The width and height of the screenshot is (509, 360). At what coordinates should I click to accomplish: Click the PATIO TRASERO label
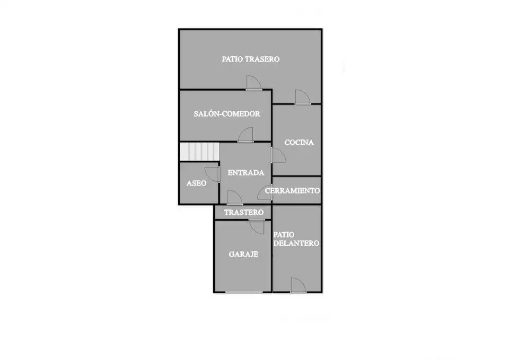tap(251, 59)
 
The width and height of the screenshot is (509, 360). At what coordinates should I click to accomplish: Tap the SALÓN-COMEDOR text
tap(227, 113)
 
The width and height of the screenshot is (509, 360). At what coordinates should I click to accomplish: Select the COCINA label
tap(299, 142)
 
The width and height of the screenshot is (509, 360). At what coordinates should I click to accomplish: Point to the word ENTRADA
tap(245, 173)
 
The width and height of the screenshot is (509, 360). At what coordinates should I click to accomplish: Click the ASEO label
tap(196, 183)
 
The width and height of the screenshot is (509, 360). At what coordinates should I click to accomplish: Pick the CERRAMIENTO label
tap(293, 190)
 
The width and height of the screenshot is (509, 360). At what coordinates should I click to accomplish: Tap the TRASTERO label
tap(244, 212)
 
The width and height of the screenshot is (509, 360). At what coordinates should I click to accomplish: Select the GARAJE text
tap(243, 254)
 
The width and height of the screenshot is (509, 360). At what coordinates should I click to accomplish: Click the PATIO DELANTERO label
tap(296, 239)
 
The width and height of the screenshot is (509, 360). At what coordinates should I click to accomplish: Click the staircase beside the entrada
tap(200, 152)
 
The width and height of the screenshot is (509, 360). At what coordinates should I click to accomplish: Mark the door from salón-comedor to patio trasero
tap(254, 83)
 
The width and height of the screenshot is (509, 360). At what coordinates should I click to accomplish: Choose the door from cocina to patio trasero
tap(303, 97)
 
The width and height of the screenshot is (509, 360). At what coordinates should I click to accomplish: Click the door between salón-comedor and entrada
tap(245, 135)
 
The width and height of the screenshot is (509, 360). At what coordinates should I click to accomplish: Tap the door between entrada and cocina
tap(278, 155)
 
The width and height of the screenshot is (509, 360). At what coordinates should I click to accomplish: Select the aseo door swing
tap(212, 174)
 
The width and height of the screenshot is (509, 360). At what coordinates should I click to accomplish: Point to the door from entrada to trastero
tap(235, 197)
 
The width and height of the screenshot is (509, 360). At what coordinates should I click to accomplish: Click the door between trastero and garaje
tap(257, 226)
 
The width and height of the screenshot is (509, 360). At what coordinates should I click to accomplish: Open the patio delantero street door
tap(299, 285)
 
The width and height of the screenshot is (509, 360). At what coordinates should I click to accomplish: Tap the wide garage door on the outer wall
tap(244, 292)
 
